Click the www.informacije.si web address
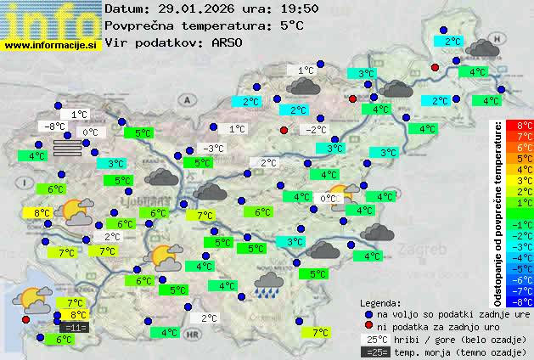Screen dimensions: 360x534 (51, 45)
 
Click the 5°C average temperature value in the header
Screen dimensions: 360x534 (290, 25)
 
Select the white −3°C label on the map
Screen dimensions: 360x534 (214, 149)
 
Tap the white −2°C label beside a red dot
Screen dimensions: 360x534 (316, 130)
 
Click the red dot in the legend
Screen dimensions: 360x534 (368, 326)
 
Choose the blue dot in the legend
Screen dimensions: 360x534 (368, 313)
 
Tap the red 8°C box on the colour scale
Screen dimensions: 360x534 (525, 126)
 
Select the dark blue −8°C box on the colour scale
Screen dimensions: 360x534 (525, 301)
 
